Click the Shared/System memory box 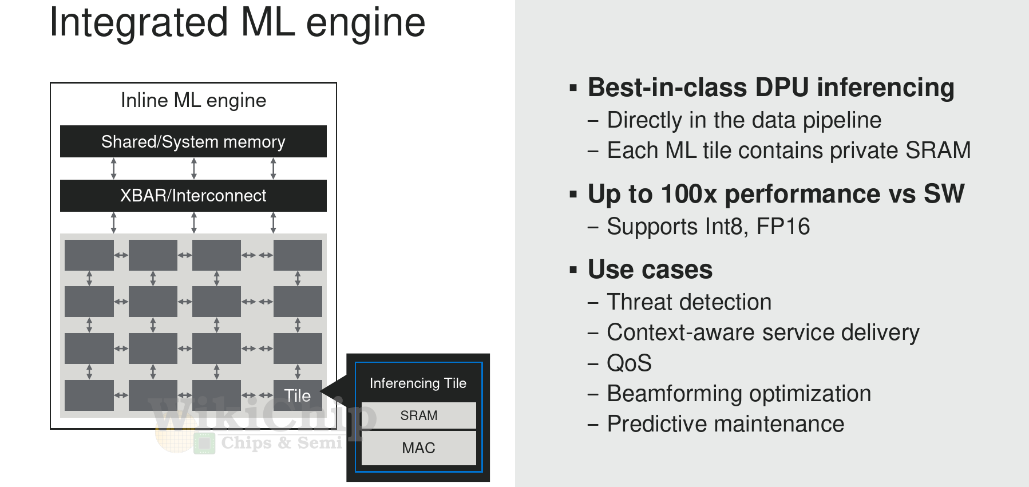(x=193, y=141)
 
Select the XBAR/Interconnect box (x=193, y=196)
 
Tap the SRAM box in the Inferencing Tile (x=419, y=415)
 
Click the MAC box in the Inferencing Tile (x=419, y=448)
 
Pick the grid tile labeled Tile (x=298, y=395)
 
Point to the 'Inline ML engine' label (x=193, y=101)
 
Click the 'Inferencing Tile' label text (x=418, y=383)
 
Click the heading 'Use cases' (x=650, y=269)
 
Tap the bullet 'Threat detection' (x=689, y=302)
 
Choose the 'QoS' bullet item (x=629, y=363)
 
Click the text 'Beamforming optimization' (x=739, y=394)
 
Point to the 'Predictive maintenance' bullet (x=726, y=424)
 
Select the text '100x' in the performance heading (x=689, y=193)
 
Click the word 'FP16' (x=783, y=227)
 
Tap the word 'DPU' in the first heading (x=782, y=88)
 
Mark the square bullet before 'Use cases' (x=573, y=270)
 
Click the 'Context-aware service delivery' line (x=763, y=332)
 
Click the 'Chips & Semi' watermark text (x=282, y=442)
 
